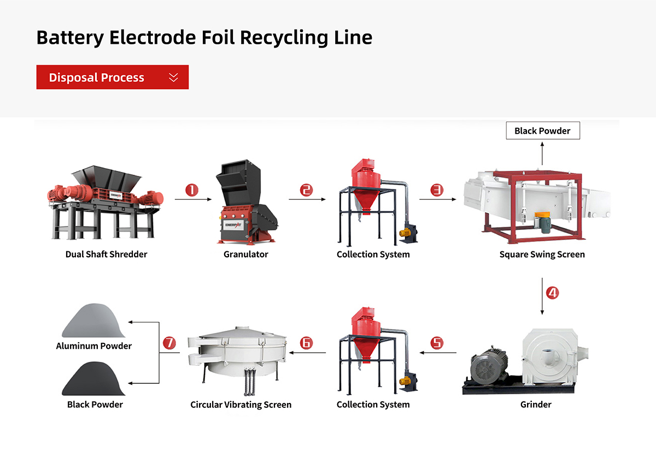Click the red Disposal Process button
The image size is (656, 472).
point(112,77)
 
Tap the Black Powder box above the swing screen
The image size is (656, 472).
point(542,131)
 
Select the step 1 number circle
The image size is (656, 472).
point(191,190)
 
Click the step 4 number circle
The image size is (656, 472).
point(553,292)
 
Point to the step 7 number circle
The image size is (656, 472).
point(169,343)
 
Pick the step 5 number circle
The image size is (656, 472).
point(437,343)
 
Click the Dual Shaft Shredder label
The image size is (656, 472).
point(106,254)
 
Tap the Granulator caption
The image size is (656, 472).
point(246,254)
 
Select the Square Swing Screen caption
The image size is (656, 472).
point(542,254)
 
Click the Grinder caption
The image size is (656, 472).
point(536,405)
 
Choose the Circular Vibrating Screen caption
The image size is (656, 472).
point(241,405)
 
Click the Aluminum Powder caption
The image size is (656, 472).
point(93,346)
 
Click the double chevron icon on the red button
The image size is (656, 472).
point(173,77)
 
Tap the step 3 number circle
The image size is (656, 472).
point(437,190)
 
